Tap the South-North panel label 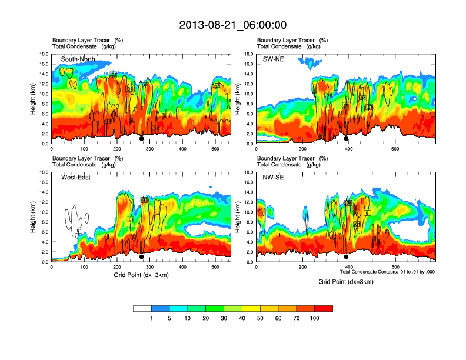78,59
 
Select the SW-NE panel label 275,59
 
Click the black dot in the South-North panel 141,139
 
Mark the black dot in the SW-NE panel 346,139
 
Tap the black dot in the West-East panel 141,257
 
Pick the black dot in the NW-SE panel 346,257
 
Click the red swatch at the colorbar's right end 324,308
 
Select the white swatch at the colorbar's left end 142,308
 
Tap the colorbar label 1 152,318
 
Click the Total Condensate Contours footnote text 387,272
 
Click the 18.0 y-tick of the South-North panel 44,54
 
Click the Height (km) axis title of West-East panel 33,217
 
